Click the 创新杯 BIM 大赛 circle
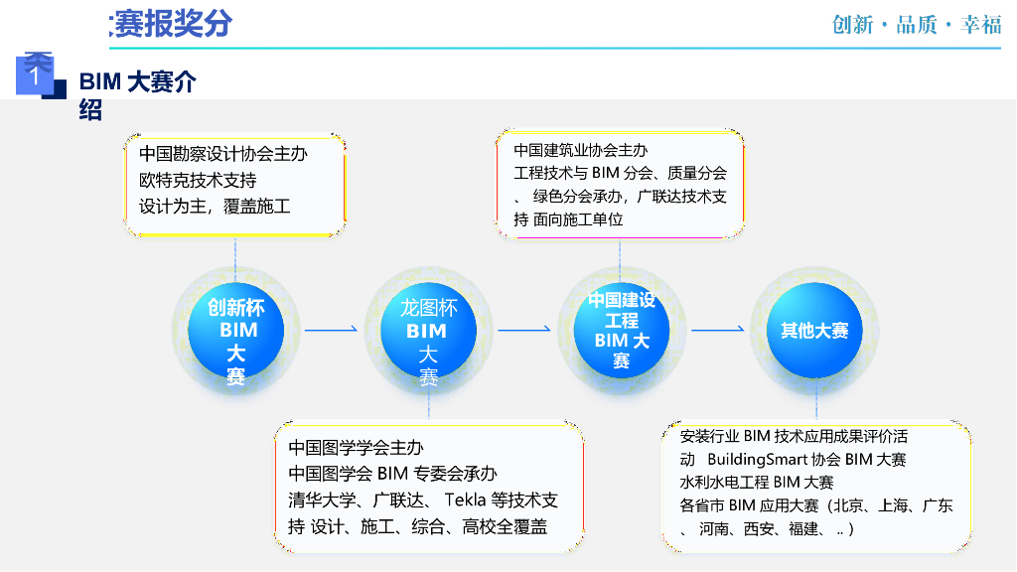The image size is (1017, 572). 235,331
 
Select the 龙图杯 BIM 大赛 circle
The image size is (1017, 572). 428,331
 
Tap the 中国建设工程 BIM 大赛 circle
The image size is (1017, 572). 621,331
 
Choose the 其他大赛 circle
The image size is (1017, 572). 807,331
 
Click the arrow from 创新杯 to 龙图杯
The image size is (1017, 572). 331,329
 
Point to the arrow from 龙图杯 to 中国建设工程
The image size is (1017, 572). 523,329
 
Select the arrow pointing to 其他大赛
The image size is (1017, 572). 717,329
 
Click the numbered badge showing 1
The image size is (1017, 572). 36,74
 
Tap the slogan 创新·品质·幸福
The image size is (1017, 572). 917,25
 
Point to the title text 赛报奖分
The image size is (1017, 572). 172,24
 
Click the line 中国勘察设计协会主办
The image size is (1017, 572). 222,154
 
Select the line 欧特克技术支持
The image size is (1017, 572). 198,180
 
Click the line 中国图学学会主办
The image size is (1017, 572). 356,447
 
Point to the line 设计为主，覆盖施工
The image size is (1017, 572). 215,207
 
